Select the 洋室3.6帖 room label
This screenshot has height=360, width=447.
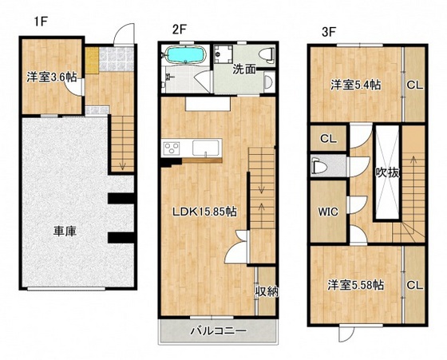point(50,77)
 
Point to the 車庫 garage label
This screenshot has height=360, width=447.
point(65,231)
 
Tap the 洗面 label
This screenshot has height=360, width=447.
point(244,69)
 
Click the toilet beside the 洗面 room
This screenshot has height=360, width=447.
point(267,54)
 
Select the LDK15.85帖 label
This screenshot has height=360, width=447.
point(204,212)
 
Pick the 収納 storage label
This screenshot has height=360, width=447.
point(267,291)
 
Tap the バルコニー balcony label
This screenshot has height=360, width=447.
point(217,330)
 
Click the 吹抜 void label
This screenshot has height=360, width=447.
point(387,173)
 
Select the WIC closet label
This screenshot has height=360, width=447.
point(329,213)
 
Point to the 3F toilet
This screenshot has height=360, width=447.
point(318,166)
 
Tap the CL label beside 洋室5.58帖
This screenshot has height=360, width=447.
point(414,284)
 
